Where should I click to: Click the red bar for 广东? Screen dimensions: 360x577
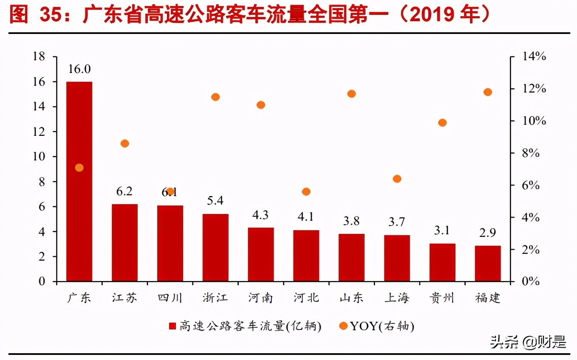pos(79,212)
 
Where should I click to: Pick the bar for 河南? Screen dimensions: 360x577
pos(261,254)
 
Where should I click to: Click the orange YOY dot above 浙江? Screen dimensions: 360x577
pos(215,97)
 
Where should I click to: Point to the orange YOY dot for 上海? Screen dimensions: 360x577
pos(397,179)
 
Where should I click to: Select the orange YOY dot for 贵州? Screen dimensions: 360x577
pos(442,123)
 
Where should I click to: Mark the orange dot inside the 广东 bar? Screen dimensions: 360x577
pos(79,168)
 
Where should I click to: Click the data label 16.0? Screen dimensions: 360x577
pos(79,69)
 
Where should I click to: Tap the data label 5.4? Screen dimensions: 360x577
pos(215,200)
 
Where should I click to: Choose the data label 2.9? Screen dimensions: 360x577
pos(488,233)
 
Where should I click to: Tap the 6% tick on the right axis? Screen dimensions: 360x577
pos(530,186)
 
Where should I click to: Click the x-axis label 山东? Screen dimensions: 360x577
pos(351,298)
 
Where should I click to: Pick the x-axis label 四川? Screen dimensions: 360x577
pos(170,298)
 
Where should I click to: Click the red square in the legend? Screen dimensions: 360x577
pos(173,326)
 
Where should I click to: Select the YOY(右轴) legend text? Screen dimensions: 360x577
pos(382,326)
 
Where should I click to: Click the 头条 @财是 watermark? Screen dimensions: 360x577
pos(528,341)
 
